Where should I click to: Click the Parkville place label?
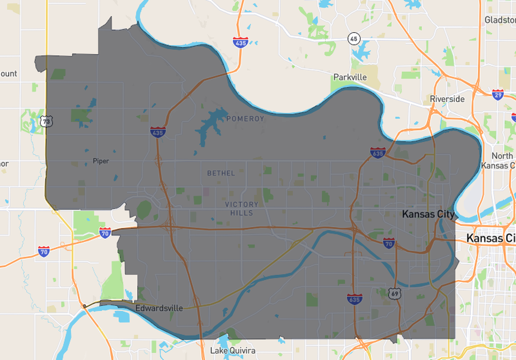pyautogui.click(x=350, y=77)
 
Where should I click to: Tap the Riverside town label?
pyautogui.click(x=447, y=99)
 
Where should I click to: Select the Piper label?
pyautogui.click(x=101, y=161)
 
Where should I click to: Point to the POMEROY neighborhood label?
pyautogui.click(x=245, y=119)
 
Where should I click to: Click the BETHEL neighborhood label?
pyautogui.click(x=221, y=173)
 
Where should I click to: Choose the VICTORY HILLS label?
pyautogui.click(x=242, y=209)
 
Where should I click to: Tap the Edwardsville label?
pyautogui.click(x=159, y=308)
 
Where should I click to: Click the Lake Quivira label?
pyautogui.click(x=233, y=350)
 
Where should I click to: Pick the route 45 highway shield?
pyautogui.click(x=353, y=39)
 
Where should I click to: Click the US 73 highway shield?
pyautogui.click(x=46, y=122)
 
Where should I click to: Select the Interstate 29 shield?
pyautogui.click(x=497, y=94)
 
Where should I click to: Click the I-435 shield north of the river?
pyautogui.click(x=241, y=43)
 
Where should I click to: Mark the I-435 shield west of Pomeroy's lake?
pyautogui.click(x=158, y=132)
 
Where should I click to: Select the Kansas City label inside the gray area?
pyautogui.click(x=428, y=214)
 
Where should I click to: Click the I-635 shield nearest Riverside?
pyautogui.click(x=377, y=153)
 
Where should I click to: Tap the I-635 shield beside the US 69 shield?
pyautogui.click(x=355, y=298)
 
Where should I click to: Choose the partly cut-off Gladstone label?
pyautogui.click(x=500, y=20)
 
